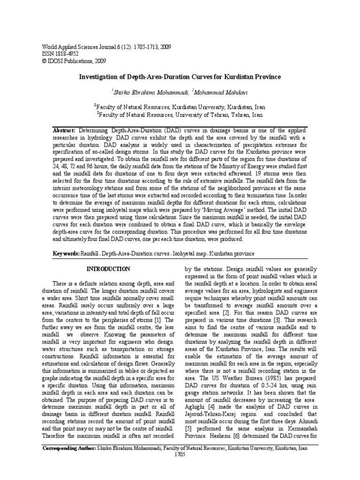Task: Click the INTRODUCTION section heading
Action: click(x=109, y=269)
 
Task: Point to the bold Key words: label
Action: click(x=66, y=254)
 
